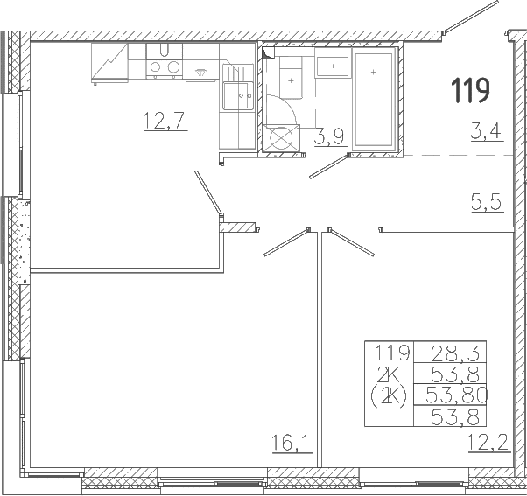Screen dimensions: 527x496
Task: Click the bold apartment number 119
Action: [470, 90]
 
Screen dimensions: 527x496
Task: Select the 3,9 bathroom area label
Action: [329, 137]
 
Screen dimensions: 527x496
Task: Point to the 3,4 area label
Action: [486, 131]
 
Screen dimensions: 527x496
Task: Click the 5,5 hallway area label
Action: [487, 202]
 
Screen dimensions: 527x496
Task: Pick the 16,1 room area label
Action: [291, 443]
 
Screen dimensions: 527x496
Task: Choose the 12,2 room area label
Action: [488, 443]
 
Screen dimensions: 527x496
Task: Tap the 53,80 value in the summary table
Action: [456, 395]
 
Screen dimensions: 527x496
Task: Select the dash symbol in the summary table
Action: [390, 416]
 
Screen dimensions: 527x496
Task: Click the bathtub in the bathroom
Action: [374, 98]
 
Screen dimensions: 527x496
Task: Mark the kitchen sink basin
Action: [236, 96]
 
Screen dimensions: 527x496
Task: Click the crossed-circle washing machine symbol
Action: [281, 138]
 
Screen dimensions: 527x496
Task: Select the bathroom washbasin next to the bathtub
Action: [333, 66]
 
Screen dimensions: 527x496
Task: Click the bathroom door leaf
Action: [328, 166]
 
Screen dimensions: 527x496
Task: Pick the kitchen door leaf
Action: [208, 192]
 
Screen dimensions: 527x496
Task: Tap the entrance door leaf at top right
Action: [471, 17]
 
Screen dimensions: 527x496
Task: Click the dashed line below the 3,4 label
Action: [458, 155]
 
